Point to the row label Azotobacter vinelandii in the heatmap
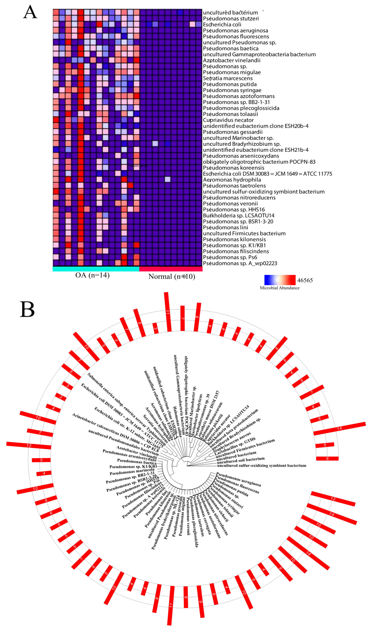pyautogui.click(x=232, y=60)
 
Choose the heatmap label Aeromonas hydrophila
pyautogui.click(x=232, y=180)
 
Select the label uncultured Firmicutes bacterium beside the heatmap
pyautogui.click(x=244, y=233)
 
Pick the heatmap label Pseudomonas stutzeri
pyautogui.click(x=231, y=19)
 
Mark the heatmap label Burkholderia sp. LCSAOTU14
pyautogui.click(x=239, y=216)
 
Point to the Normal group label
pyautogui.click(x=172, y=276)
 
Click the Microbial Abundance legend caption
pyautogui.click(x=280, y=288)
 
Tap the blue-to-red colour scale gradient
pyautogui.click(x=280, y=280)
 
